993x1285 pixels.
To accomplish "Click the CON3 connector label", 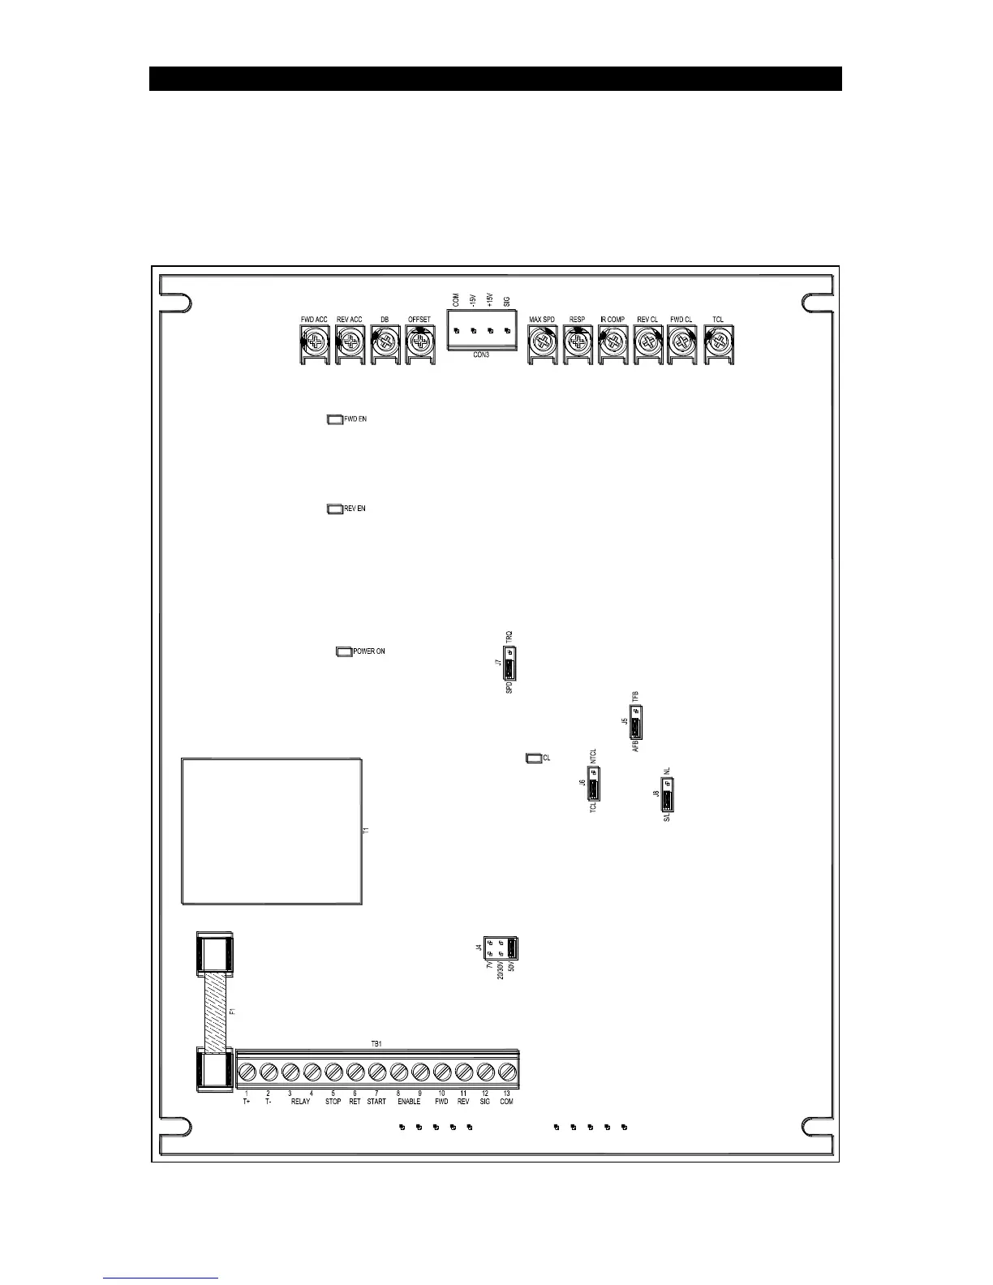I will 481,355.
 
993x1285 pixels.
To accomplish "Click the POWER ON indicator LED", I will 343,651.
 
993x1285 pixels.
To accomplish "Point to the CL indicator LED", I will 534,758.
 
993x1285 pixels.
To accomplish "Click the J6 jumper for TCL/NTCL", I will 594,784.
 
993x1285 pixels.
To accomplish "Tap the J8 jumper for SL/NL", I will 667,795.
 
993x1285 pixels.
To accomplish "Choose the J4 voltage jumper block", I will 501,948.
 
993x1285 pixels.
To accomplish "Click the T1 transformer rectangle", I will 271,831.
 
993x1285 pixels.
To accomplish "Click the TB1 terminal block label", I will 376,1043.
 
